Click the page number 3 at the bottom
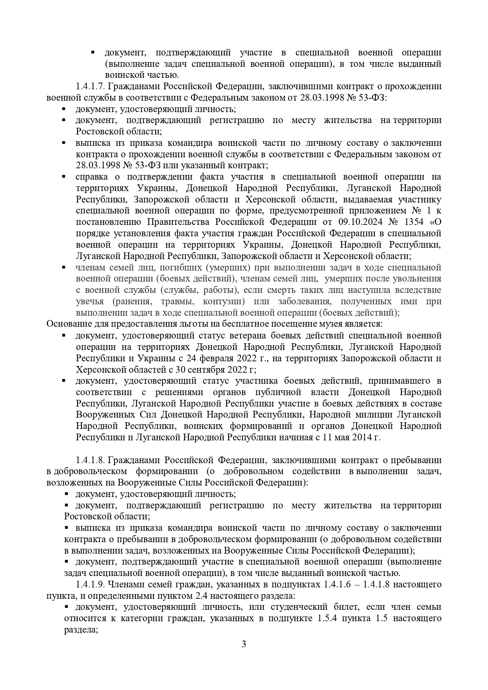(244, 655)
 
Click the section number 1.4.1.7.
(90, 86)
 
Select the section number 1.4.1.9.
(90, 584)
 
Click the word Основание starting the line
(64, 324)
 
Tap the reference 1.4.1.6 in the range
(339, 584)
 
